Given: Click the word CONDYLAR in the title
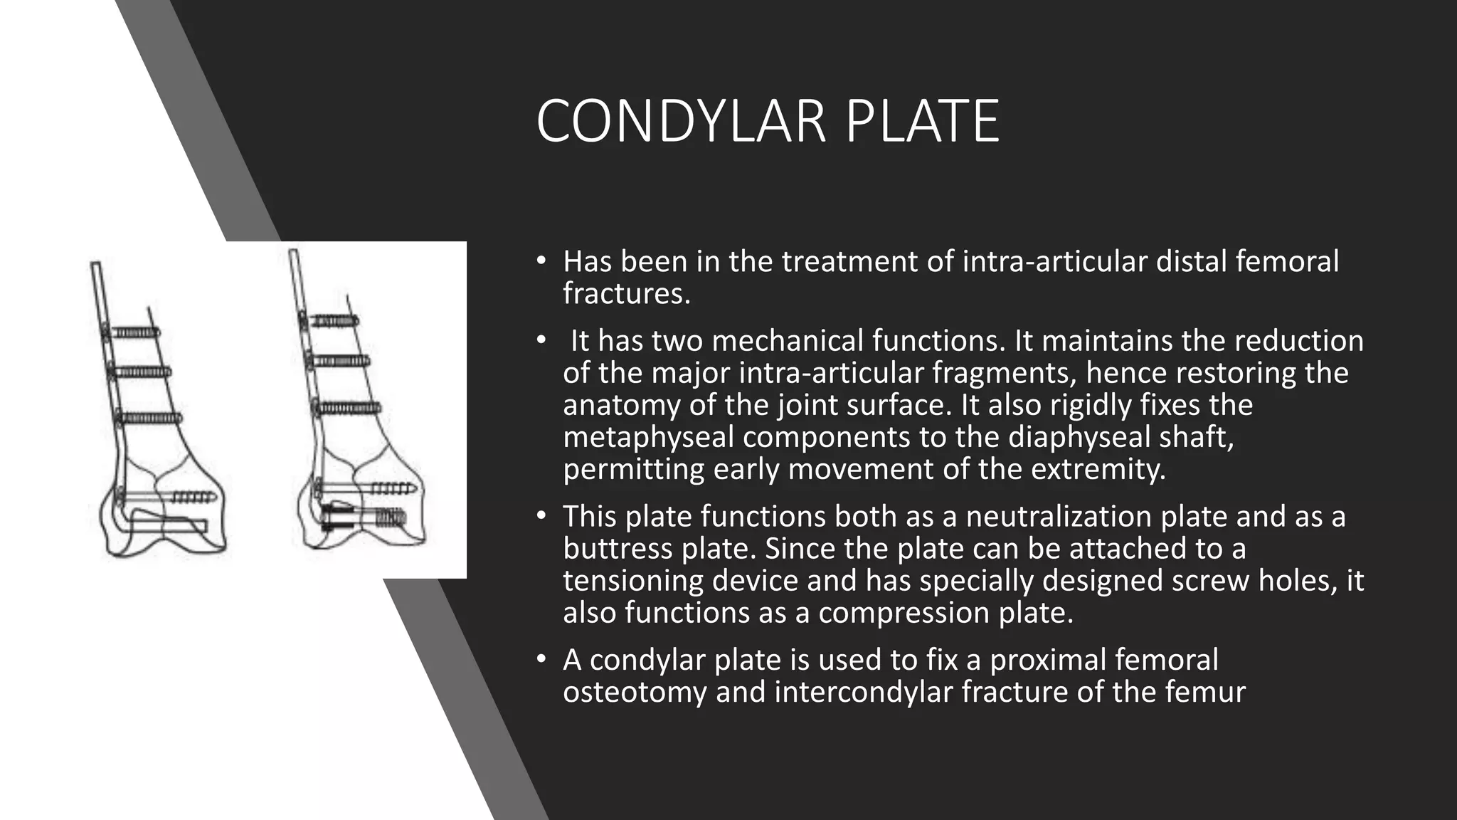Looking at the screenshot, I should tap(680, 122).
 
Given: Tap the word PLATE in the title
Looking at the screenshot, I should tap(922, 122).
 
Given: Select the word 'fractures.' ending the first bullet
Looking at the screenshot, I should tap(626, 293).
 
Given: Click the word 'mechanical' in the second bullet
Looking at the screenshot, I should tap(787, 341).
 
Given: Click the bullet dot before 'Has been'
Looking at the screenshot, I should tap(541, 262).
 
